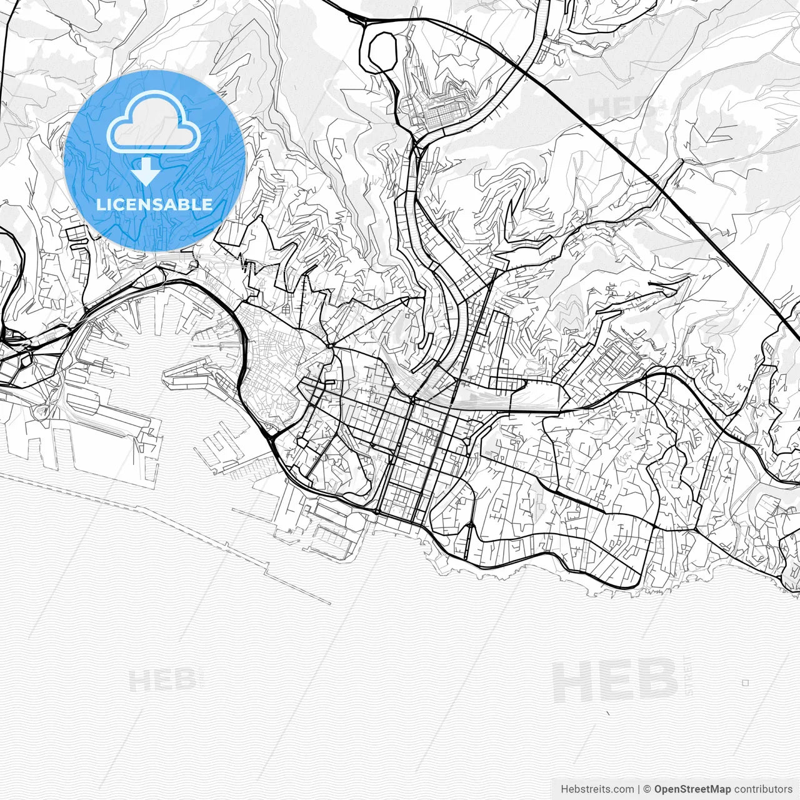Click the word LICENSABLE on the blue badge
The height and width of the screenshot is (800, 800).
click(154, 204)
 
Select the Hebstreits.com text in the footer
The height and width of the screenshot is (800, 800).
click(597, 789)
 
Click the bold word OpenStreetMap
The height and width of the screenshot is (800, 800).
click(692, 789)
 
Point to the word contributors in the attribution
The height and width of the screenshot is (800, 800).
click(763, 789)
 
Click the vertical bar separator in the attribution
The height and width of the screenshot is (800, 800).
click(639, 789)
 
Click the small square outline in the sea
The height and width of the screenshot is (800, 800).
click(745, 683)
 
